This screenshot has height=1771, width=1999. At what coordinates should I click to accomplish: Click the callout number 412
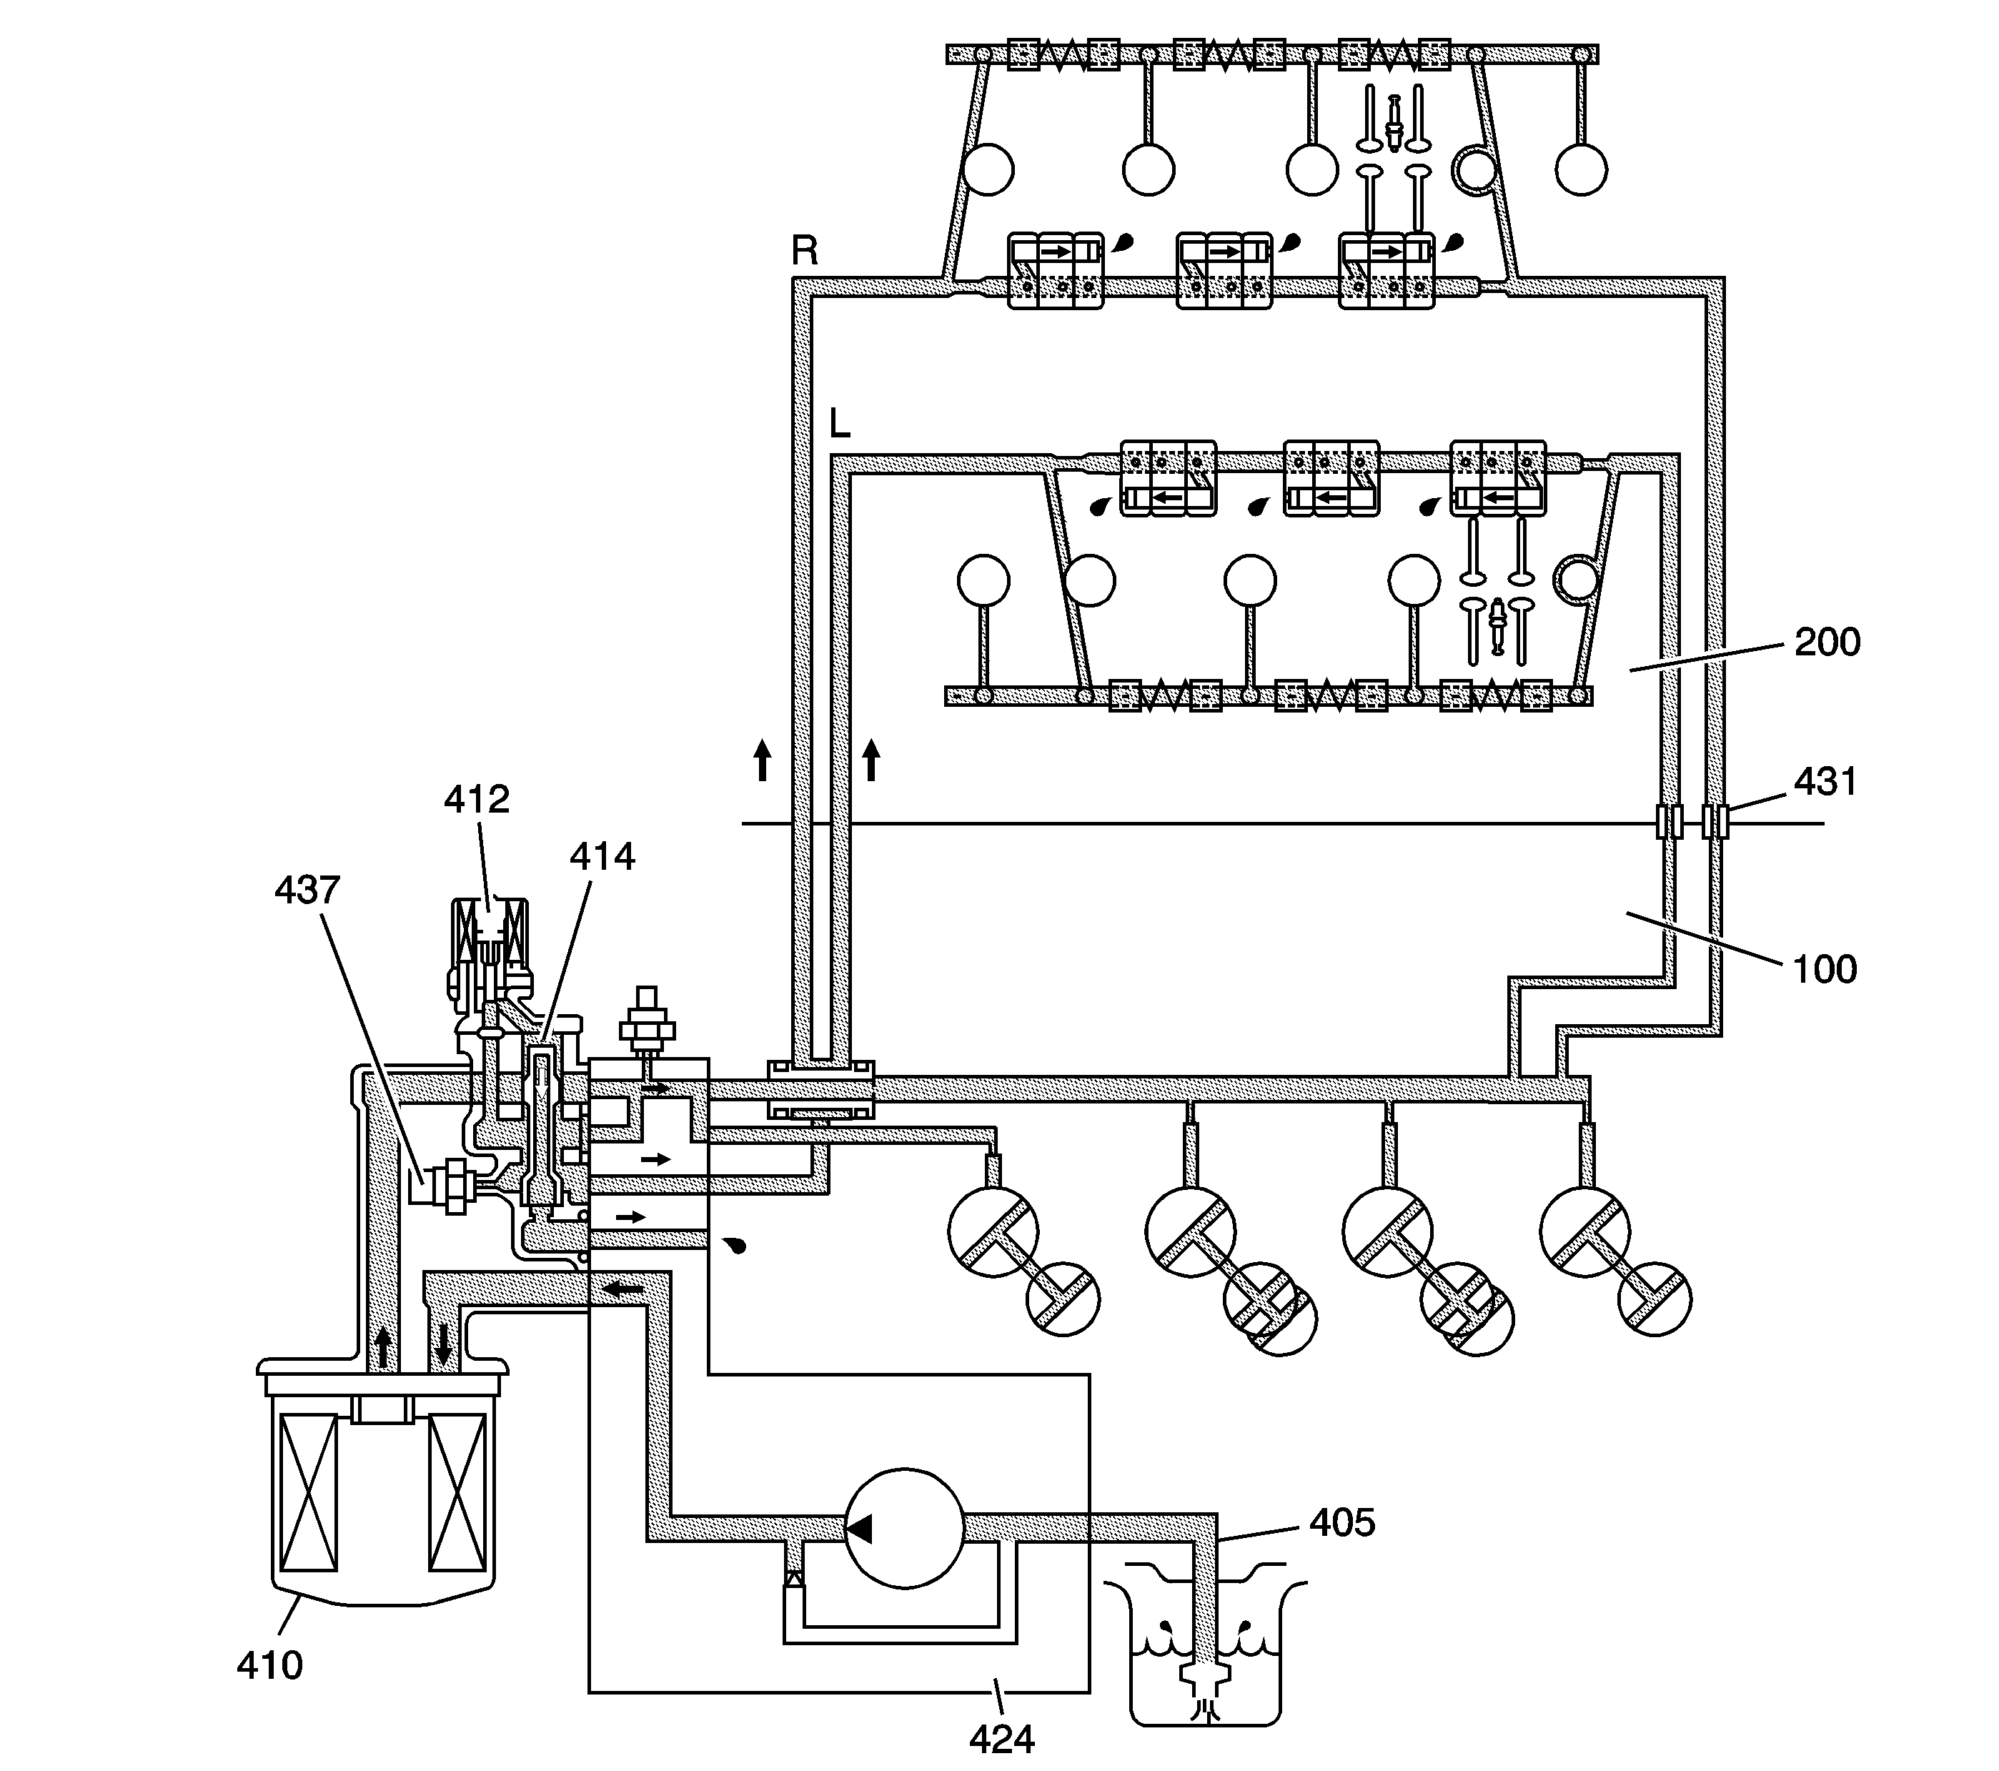(x=476, y=800)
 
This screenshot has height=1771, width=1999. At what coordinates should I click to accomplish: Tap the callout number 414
(x=602, y=857)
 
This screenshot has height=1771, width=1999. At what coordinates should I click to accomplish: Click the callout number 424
(x=1001, y=1739)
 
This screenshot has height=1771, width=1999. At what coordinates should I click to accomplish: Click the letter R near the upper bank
(x=804, y=252)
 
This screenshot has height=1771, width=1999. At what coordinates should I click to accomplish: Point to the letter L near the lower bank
(x=839, y=423)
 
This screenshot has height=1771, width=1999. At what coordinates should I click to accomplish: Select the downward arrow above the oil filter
(x=443, y=1344)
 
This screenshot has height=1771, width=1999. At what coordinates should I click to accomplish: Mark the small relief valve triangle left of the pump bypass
(x=794, y=1577)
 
